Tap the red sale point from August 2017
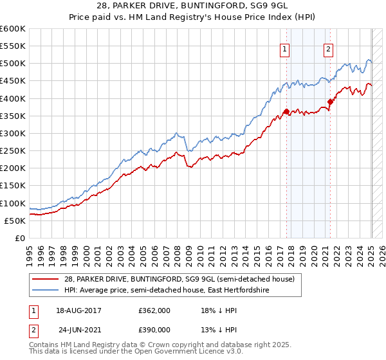coord(286,112)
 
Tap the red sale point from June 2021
coord(331,102)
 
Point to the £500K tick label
coord(13,64)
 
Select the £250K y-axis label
coord(13,151)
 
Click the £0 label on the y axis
coord(19,239)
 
